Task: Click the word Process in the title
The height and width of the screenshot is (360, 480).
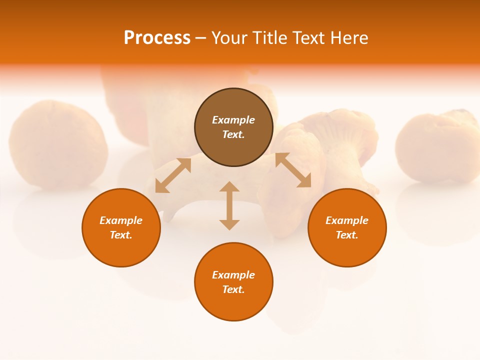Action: [157, 38]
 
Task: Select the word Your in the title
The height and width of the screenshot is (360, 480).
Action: [229, 38]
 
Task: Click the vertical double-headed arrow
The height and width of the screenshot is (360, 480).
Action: [229, 205]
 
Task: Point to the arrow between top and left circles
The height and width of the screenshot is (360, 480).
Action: [173, 175]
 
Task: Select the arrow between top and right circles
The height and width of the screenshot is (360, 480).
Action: [293, 170]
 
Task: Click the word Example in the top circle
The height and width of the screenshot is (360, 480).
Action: [233, 120]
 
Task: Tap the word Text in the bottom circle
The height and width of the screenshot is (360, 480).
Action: [233, 289]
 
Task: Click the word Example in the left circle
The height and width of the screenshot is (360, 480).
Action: [121, 220]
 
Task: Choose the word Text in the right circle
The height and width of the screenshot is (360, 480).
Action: [346, 235]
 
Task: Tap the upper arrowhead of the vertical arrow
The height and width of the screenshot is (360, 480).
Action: [229, 186]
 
